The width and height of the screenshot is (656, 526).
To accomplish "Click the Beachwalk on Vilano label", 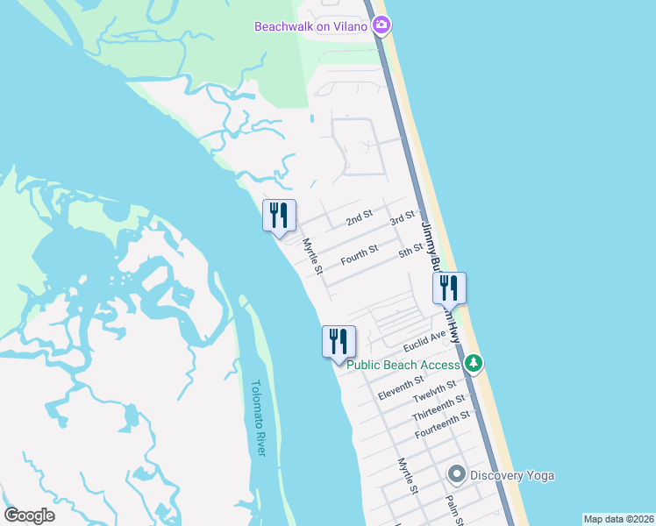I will click(x=311, y=26).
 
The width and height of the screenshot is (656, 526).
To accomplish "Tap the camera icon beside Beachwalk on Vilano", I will click(x=381, y=25).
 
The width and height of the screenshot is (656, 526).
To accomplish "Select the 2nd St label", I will click(x=360, y=218).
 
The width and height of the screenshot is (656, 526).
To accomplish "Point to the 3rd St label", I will click(x=403, y=217).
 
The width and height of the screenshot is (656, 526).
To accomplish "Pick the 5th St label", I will click(x=410, y=252).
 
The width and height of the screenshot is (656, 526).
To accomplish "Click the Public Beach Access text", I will click(x=403, y=365).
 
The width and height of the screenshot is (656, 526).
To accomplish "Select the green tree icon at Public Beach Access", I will click(x=474, y=362).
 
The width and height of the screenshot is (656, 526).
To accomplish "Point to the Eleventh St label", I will click(x=401, y=387).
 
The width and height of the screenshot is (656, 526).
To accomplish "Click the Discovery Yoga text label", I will click(x=512, y=475).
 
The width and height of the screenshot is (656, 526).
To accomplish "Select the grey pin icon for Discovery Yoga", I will click(x=456, y=475).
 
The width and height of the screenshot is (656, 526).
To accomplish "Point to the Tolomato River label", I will click(x=257, y=417).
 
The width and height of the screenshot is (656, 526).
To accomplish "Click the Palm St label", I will click(x=453, y=510).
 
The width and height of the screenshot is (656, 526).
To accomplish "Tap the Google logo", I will click(x=30, y=515).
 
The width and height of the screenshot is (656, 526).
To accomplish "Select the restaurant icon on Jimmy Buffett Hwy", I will click(x=449, y=288).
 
